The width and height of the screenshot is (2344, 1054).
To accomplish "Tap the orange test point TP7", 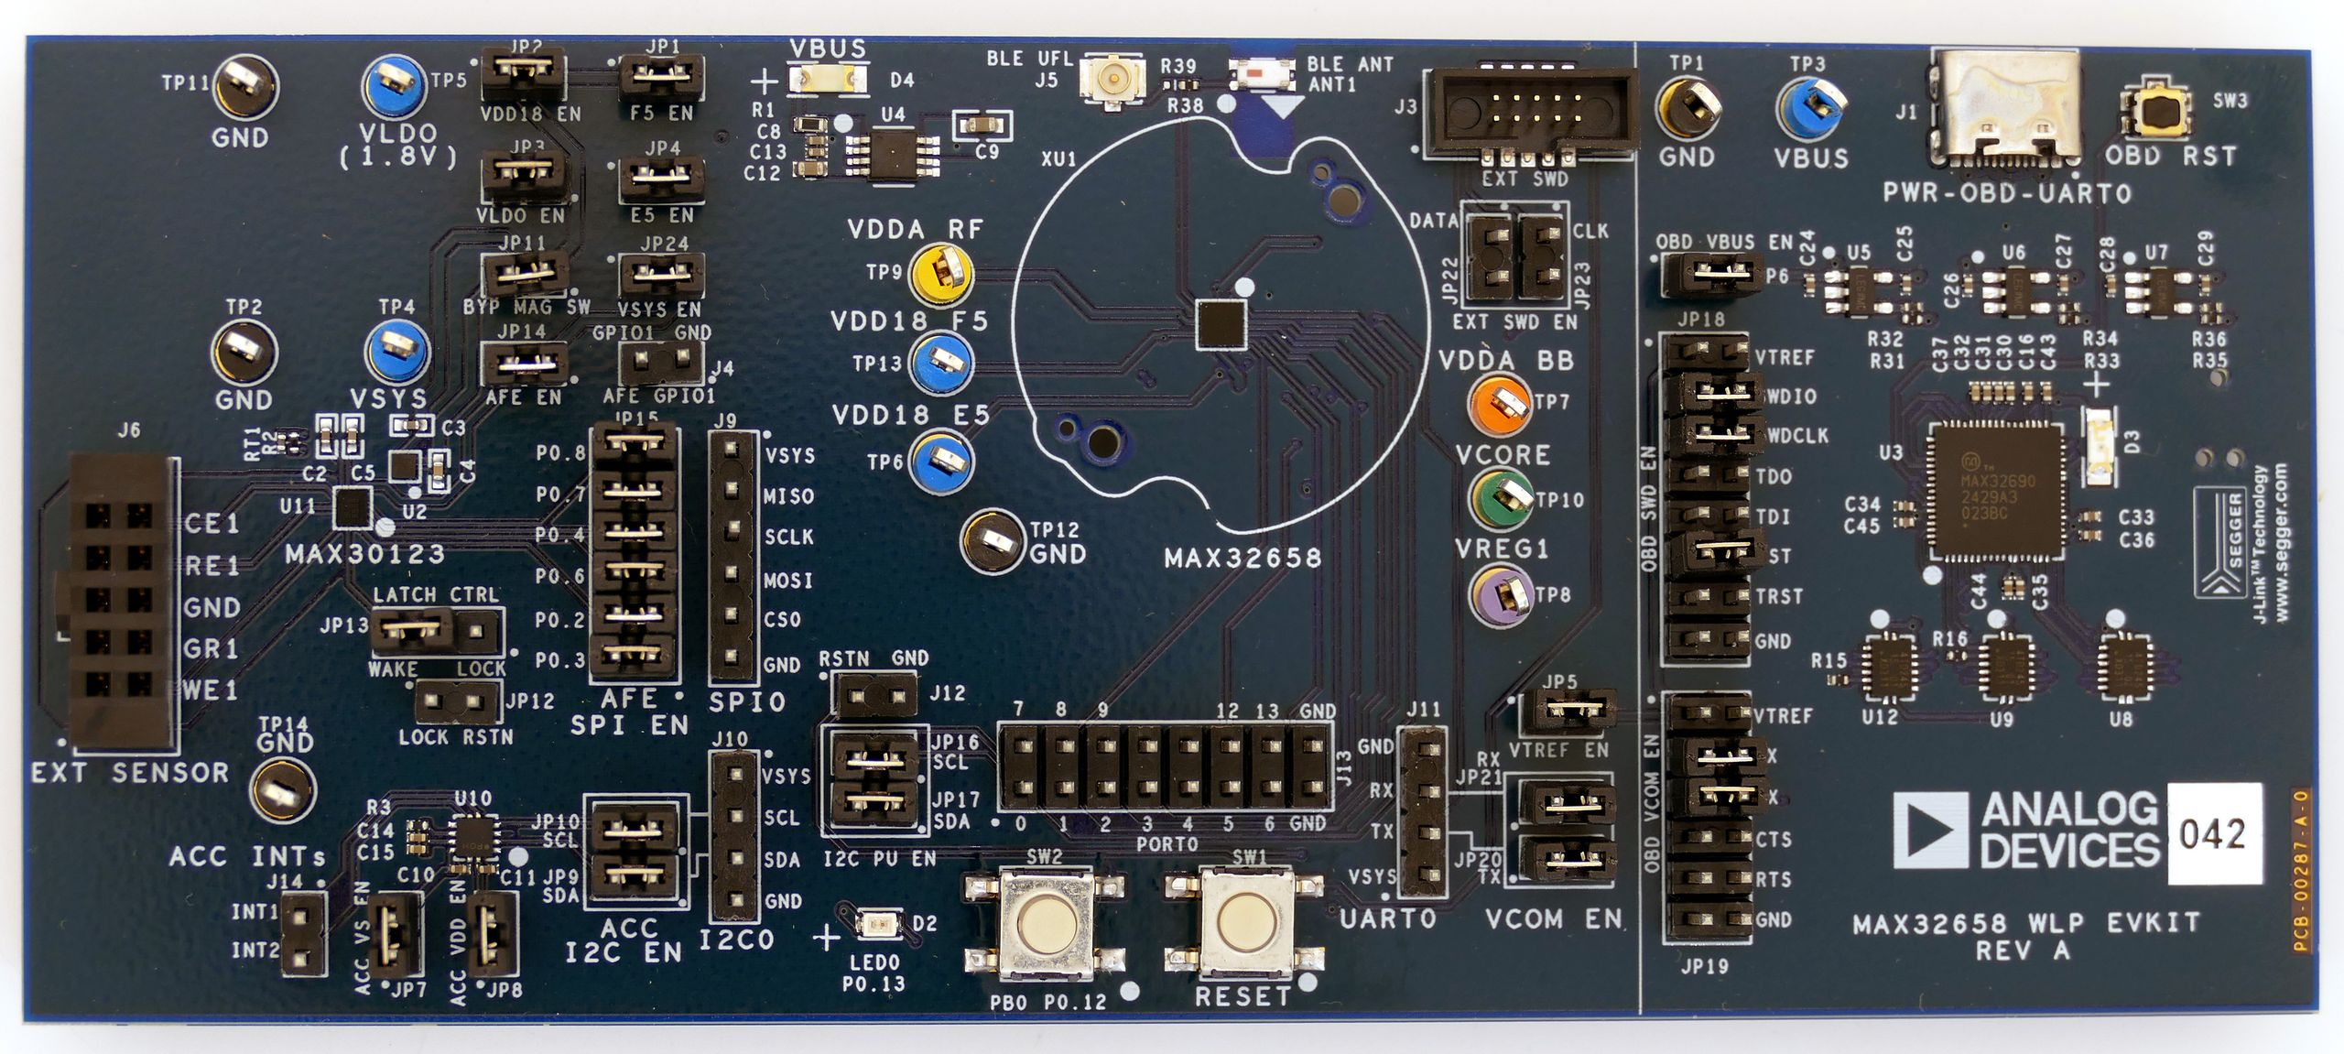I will pos(1499,401).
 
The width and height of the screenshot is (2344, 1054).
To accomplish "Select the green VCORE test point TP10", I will pos(1501,497).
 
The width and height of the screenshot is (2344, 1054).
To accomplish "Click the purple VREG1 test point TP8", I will pos(1501,592).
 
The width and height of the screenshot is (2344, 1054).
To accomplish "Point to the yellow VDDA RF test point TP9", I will pos(940,272).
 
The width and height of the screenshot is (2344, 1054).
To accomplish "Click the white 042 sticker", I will pos(2213,833).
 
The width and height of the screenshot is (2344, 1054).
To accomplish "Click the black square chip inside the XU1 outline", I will pos(1221,324).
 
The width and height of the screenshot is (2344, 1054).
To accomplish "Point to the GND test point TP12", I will pos(993,540).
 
